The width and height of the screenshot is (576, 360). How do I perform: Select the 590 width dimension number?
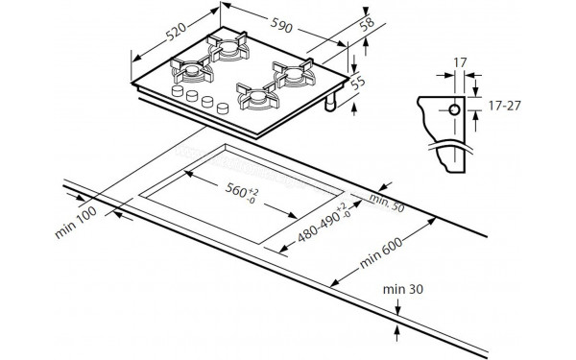(x=281, y=25)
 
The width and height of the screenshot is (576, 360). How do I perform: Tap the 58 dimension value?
(x=367, y=23)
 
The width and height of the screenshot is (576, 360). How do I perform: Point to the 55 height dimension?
(x=358, y=83)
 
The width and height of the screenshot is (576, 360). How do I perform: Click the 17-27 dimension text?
(x=504, y=106)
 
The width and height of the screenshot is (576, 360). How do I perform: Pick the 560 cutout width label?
(x=242, y=192)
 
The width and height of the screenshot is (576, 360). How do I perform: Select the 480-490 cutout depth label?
(x=324, y=224)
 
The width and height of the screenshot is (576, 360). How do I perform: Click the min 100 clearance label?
(x=76, y=223)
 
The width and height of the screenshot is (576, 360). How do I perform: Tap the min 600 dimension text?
(x=381, y=252)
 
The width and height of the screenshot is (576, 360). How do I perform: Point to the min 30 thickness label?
(x=402, y=290)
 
